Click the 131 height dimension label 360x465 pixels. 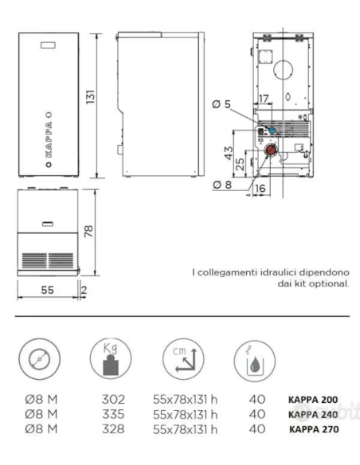click(91, 96)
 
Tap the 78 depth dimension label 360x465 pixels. click(88, 231)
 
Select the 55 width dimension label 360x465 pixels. click(48, 290)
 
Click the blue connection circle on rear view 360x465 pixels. click(272, 130)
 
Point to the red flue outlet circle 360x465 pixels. click(271, 150)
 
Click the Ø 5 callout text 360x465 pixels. click(221, 104)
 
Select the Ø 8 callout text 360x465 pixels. click(222, 185)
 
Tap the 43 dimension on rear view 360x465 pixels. click(229, 153)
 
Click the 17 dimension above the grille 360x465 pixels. click(264, 99)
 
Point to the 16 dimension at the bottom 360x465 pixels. click(260, 188)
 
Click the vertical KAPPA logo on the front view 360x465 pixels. click(49, 139)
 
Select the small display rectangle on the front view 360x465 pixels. click(48, 45)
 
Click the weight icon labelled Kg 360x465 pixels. click(111, 359)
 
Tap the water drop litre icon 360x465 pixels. click(255, 361)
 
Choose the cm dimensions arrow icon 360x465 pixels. click(183, 359)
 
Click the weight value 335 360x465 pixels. click(113, 414)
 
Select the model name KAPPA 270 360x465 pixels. click(314, 429)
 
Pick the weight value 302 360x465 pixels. click(113, 400)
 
